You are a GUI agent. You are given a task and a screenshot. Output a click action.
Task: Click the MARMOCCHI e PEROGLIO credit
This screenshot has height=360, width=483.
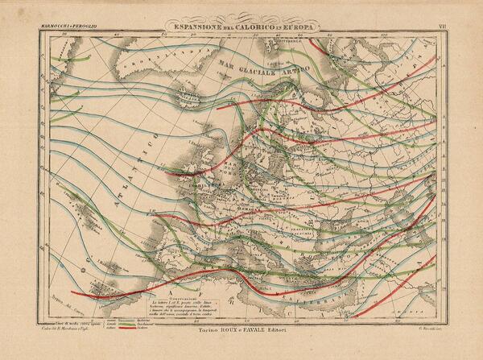pyautogui.click(x=67, y=30)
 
